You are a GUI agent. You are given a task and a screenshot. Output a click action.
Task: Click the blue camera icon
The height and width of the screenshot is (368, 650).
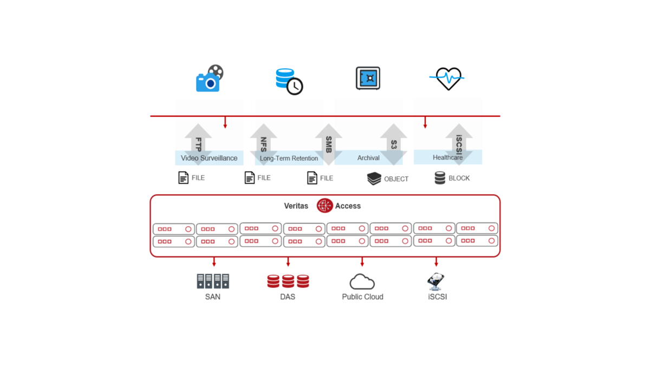click(209, 79)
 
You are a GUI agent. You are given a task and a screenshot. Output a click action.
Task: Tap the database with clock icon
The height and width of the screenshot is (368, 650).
click(289, 81)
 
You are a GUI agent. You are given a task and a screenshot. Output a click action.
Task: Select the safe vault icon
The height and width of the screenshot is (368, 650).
click(368, 78)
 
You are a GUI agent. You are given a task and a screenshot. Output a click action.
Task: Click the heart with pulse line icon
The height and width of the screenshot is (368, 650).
click(447, 79)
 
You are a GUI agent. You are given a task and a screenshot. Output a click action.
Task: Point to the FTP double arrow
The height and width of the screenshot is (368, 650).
click(198, 144)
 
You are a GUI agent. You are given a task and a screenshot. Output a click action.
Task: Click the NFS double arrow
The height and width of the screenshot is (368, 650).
click(264, 144)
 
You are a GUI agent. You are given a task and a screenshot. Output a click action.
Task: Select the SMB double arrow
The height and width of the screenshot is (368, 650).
click(329, 144)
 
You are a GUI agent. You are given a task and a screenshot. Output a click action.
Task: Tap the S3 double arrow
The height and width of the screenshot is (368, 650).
click(394, 144)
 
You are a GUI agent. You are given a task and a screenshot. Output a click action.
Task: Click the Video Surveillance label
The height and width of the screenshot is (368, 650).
click(209, 158)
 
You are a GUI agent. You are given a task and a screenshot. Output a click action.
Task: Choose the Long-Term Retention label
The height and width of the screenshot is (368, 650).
click(289, 159)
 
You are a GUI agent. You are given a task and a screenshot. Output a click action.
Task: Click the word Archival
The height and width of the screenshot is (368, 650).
click(368, 158)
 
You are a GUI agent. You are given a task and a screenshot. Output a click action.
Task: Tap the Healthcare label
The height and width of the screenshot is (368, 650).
click(447, 157)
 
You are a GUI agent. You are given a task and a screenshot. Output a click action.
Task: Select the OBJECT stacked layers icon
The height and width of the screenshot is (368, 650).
click(374, 179)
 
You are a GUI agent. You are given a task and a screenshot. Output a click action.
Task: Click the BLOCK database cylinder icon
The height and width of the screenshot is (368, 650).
click(440, 178)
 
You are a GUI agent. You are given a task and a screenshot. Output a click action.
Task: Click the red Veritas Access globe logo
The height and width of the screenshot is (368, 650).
click(324, 206)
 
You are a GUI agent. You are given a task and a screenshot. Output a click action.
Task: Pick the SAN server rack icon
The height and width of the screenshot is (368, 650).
click(213, 281)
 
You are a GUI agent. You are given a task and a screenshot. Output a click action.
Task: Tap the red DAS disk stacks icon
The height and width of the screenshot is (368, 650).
click(288, 281)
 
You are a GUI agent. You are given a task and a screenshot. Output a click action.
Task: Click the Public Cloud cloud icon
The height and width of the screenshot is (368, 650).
click(362, 281)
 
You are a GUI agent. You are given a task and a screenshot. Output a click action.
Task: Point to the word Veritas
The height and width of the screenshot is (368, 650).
click(296, 206)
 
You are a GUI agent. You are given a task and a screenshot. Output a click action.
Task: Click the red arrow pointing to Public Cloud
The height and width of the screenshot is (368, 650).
click(362, 262)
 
